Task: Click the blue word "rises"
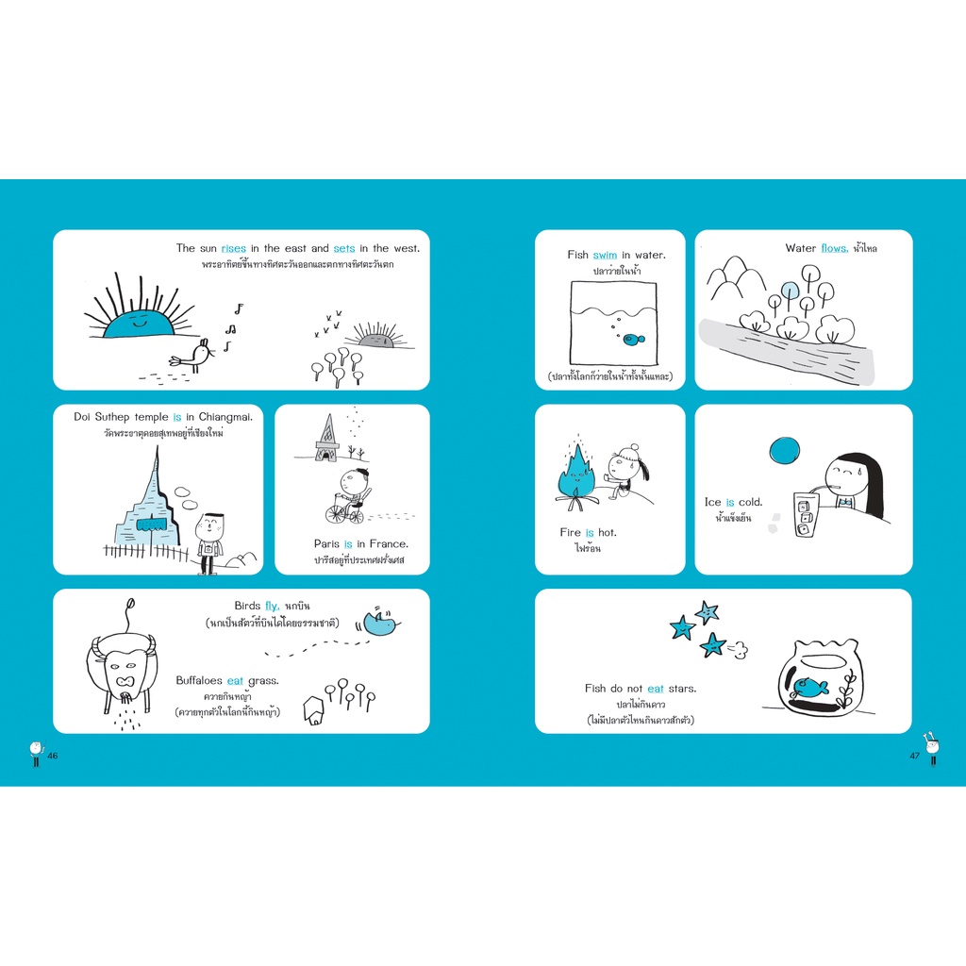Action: [x=234, y=248]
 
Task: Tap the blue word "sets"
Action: [x=343, y=248]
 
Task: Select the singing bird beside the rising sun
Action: [x=193, y=356]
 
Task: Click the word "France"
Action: [x=388, y=544]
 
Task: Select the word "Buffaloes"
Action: [x=198, y=681]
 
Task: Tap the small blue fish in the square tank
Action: [x=633, y=339]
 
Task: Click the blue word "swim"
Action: [x=605, y=255]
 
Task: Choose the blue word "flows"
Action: [x=834, y=248]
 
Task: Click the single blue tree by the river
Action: [x=791, y=292]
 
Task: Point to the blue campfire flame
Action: [x=575, y=474]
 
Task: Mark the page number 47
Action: [x=914, y=756]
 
